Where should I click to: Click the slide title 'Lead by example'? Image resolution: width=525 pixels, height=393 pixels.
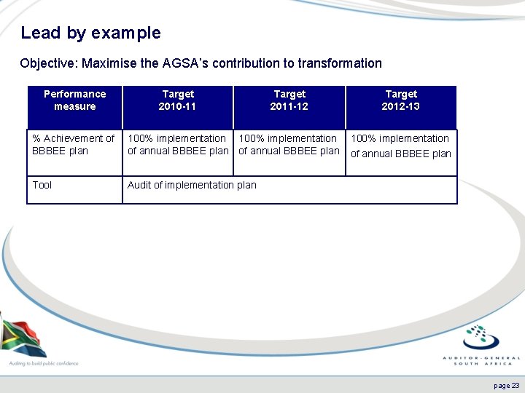90,33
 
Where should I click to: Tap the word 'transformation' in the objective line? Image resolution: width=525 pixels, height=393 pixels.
338,63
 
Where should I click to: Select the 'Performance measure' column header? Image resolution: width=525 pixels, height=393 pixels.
74,100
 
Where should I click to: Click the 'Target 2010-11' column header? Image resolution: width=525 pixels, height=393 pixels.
178,100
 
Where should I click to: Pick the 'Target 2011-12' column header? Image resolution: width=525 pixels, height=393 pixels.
289,100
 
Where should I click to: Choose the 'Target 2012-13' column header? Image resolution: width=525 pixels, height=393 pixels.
401,100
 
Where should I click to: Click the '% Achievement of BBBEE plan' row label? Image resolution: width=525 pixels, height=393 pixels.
73,144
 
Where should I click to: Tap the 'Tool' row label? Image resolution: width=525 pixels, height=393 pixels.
42,185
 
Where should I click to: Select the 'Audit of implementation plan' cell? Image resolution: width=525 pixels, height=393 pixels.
192,185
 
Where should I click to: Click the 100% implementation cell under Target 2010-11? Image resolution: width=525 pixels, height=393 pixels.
177,144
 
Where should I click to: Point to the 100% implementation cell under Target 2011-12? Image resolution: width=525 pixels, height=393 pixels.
289,144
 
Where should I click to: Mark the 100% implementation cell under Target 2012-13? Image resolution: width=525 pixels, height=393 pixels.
401,146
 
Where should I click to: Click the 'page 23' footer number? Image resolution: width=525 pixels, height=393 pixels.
506,385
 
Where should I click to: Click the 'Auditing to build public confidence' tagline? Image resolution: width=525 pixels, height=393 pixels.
44,362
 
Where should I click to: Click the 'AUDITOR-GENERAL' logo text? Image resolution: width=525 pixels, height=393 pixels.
482,358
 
